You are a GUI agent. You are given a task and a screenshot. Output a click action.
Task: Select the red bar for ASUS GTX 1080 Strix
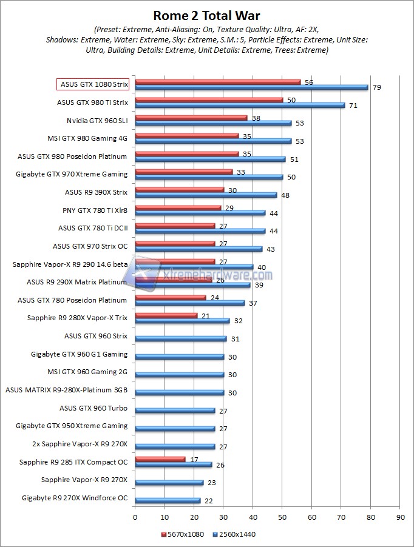tap(217, 81)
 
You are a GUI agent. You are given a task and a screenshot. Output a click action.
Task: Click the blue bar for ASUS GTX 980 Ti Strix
tap(240, 105)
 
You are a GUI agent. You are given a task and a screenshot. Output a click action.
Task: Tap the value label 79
tap(376, 87)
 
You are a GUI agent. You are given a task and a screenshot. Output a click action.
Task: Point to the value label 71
tap(353, 106)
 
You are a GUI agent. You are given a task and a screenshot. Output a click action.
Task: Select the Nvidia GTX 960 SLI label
tap(97, 120)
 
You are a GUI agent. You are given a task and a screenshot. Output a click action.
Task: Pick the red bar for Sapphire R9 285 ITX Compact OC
tap(160, 459)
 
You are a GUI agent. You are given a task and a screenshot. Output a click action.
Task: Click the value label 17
tap(194, 459)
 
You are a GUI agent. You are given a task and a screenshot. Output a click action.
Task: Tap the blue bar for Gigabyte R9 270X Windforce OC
tap(168, 500)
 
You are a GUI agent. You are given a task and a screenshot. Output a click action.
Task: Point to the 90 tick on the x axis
tap(399, 517)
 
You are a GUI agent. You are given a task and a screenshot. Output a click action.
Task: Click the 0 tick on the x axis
tap(135, 517)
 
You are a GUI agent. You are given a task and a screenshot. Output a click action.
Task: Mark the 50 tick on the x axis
tap(282, 517)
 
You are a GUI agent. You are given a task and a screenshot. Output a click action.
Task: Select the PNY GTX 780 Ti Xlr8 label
tap(95, 210)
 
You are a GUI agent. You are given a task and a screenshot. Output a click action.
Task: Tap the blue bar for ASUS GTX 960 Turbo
tap(175, 411)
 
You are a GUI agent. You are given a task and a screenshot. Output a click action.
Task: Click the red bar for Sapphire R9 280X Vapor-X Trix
tap(166, 315)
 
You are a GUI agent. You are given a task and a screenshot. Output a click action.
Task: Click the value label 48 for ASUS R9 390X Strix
tap(285, 195)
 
